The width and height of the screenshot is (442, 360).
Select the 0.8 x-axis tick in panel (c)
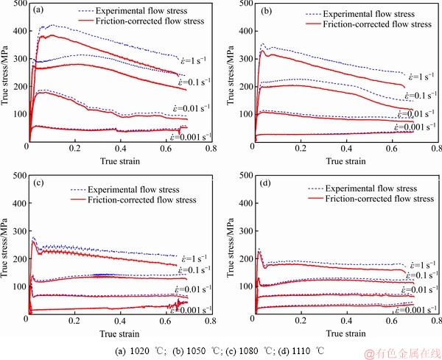point(210,322)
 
